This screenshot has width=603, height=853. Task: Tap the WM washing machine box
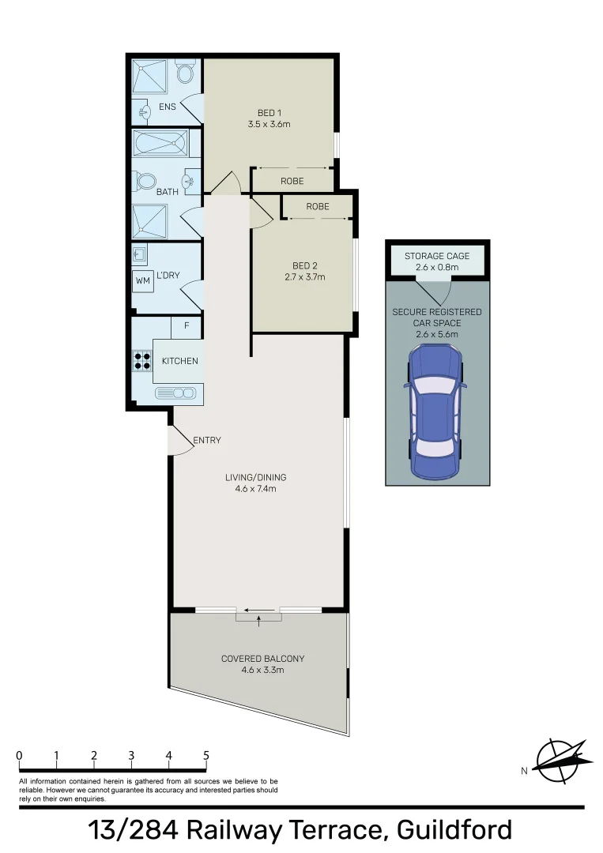coord(142,280)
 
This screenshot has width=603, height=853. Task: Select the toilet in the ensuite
coord(185,73)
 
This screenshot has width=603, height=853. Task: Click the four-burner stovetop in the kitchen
coord(142,361)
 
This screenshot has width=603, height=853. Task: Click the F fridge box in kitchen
coord(187,325)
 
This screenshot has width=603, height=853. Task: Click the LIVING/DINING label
coord(255,477)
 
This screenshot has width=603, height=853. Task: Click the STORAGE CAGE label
coord(437,256)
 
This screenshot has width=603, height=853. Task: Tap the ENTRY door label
coord(207,440)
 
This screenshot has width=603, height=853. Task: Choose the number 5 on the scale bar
coord(206,756)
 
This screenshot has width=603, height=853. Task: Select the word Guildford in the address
coord(454,830)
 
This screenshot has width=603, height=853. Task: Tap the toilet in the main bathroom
coord(146,182)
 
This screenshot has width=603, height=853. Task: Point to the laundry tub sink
coord(140,254)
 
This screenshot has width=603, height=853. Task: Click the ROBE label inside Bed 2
coord(318,206)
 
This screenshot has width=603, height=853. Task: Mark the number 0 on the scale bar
coord(19,756)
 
